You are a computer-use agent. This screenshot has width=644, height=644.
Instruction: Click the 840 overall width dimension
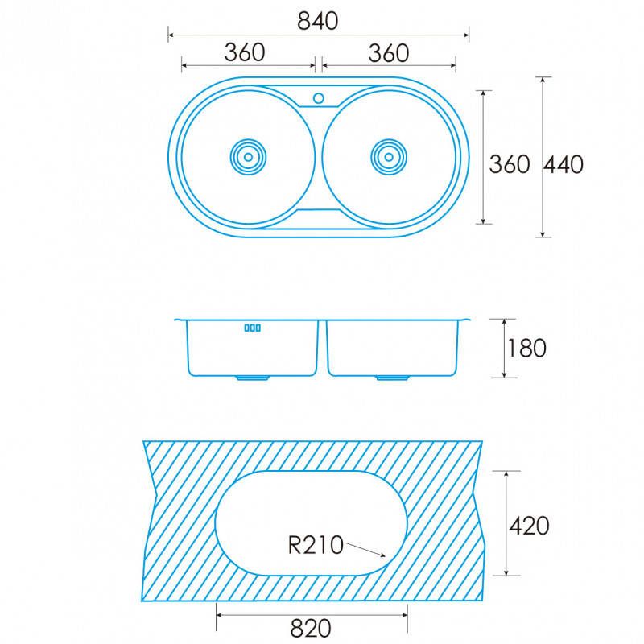coord(317,21)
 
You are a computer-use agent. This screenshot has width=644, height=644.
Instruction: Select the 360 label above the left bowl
coord(245,52)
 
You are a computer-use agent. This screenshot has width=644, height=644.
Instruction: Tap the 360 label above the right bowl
coord(389,53)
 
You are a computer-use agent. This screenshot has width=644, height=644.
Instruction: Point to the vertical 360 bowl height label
coord(510,165)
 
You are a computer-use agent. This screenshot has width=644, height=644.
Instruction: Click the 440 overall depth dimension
coord(563,165)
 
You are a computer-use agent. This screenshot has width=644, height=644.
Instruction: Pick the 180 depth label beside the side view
coord(527,349)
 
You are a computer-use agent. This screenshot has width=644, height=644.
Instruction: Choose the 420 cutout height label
coord(529,526)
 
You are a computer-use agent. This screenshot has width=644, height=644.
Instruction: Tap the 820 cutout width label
coord(311,629)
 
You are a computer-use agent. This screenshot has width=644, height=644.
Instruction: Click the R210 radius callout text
coord(316,546)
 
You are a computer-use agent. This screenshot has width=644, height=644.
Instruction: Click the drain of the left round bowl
coord(248,157)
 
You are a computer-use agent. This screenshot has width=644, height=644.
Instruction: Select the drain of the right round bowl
coord(389,157)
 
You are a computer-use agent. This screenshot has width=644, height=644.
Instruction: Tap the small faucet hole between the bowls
coord(318,98)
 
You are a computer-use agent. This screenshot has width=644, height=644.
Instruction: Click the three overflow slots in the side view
coord(252,328)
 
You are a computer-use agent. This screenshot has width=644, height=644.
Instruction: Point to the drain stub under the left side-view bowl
coord(253,378)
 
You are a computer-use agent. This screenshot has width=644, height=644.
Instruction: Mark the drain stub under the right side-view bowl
coord(392,378)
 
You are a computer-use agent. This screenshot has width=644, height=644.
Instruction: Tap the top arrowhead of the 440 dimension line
coord(543,78)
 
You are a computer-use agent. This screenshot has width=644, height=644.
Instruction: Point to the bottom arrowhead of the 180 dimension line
coord(504,376)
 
